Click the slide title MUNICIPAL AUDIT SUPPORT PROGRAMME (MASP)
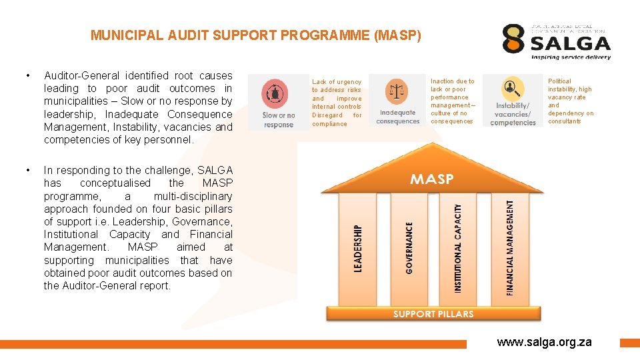pos(256,35)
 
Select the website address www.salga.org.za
pos(544,342)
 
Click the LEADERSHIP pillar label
pos(358,249)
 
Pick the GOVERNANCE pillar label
pos(409,247)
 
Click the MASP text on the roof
pos(431,179)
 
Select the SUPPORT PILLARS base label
pos(433,314)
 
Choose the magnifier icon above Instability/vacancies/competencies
pos(512,89)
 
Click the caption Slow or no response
pos(279,120)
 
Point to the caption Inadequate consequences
pos(398,117)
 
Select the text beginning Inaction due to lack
pos(453,101)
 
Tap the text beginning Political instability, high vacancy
pos(570,101)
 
